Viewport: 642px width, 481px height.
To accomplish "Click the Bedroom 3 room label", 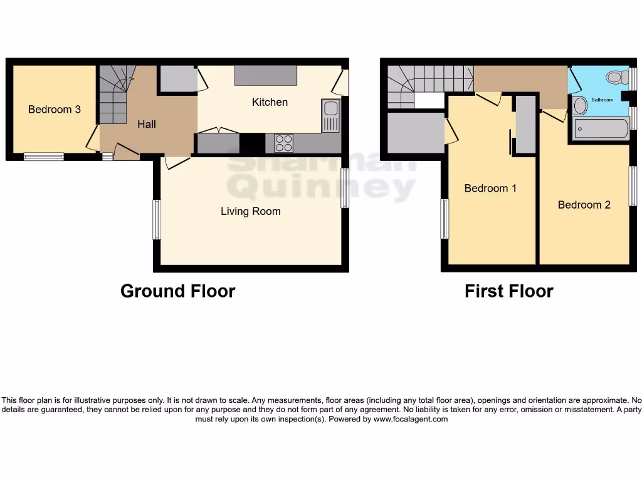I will tap(55, 110).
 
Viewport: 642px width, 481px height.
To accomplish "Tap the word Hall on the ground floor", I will tap(147, 125).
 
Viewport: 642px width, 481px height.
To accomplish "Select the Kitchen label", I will tap(270, 102).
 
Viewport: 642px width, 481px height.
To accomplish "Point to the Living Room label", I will tap(250, 212).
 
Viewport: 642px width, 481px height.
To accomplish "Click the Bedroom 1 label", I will tap(490, 189).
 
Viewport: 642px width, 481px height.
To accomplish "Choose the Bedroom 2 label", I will tap(584, 205).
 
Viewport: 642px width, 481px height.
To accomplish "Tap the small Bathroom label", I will tap(602, 100).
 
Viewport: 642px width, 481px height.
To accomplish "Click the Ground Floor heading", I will tap(177, 291).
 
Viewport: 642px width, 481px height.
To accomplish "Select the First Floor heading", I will tap(508, 291).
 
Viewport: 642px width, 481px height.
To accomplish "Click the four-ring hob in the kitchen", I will tap(283, 143).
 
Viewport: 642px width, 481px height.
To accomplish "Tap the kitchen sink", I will tap(330, 116).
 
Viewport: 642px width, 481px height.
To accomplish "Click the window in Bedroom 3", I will tap(44, 157).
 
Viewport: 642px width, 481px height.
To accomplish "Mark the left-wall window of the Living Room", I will tap(157, 219).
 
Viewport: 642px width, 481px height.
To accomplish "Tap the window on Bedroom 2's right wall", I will tap(633, 186).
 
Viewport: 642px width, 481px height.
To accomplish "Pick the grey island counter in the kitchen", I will tap(265, 76).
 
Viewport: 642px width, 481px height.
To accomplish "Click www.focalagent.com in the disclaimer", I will tap(411, 420).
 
